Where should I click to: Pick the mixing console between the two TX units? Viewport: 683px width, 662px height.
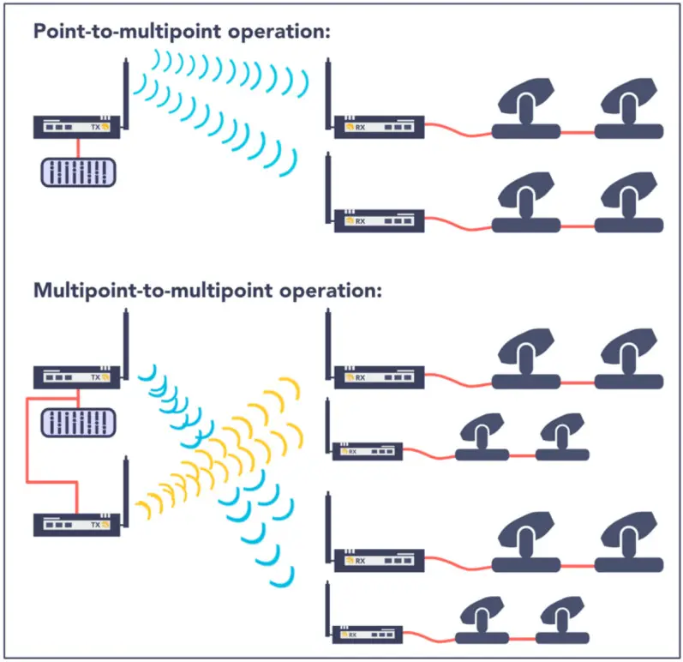78,421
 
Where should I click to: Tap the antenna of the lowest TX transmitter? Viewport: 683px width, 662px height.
124,489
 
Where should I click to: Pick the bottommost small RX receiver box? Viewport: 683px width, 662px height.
367,634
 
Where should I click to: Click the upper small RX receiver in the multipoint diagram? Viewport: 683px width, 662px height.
367,450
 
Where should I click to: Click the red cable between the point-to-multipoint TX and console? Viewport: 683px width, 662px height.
78,147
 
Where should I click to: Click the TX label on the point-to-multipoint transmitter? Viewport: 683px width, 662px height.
95,127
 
